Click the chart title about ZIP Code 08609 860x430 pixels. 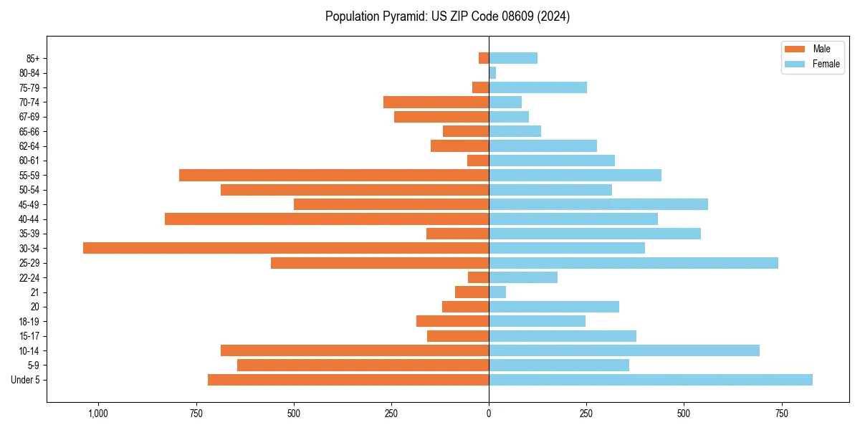(447, 16)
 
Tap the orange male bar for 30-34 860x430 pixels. (286, 248)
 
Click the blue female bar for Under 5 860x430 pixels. (651, 380)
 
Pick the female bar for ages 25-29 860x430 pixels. (634, 263)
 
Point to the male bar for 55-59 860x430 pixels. (334, 175)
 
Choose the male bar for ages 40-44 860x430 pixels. (327, 219)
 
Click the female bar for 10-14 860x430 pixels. (624, 350)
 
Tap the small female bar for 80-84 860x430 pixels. (492, 72)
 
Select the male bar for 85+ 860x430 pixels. (484, 58)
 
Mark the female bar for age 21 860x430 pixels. (497, 292)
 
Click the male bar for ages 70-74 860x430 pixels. (436, 102)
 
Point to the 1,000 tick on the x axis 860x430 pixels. (98, 413)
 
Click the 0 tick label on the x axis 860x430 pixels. (489, 413)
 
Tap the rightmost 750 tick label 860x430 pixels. (782, 413)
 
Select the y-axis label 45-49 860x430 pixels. (29, 204)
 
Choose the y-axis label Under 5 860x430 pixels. (26, 380)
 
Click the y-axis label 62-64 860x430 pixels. (29, 145)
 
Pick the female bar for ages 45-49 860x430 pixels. (598, 204)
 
